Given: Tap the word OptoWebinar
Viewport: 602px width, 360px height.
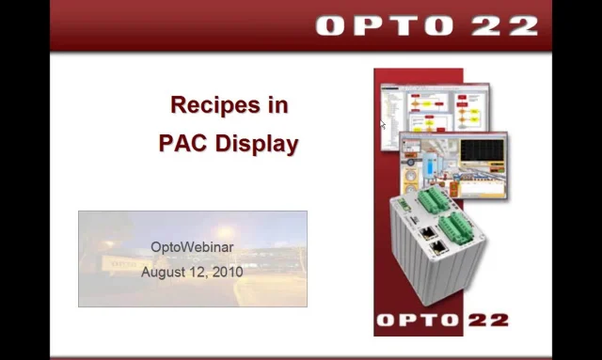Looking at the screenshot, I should point(192,247).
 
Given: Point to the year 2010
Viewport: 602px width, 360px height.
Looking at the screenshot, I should point(228,272).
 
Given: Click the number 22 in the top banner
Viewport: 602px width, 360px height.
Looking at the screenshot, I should point(505,24).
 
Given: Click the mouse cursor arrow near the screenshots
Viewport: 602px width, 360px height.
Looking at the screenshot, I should point(383,124).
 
